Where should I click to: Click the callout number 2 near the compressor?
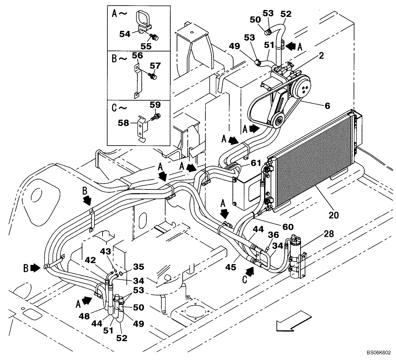[x=321, y=56]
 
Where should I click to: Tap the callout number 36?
[x=273, y=235]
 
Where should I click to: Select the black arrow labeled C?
[x=250, y=272]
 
